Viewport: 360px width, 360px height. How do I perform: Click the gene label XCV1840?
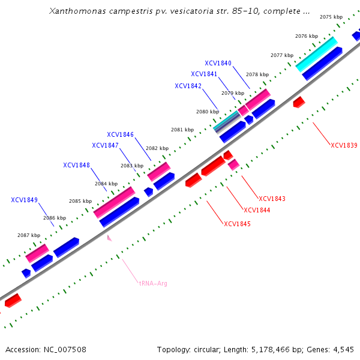tap(218, 63)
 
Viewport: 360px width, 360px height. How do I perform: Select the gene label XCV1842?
tap(188, 86)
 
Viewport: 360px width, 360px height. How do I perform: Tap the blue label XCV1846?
tap(120, 134)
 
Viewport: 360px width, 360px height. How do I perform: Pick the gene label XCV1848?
tap(76, 165)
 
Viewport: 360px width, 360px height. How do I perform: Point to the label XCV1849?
tap(24, 200)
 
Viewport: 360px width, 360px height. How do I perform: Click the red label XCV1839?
tap(344, 145)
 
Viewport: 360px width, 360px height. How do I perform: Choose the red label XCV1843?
tap(272, 199)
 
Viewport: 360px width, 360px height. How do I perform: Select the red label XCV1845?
tap(237, 224)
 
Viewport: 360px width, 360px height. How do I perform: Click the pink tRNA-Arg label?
tap(153, 283)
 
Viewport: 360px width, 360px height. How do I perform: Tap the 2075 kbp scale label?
tap(331, 17)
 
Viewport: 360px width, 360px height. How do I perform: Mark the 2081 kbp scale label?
tap(182, 130)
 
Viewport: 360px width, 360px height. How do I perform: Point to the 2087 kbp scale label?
tap(28, 235)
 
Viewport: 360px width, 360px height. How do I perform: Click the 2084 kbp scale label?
tap(106, 184)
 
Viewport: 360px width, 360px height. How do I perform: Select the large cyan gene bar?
tap(316, 53)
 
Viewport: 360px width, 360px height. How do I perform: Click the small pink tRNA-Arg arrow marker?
tap(109, 238)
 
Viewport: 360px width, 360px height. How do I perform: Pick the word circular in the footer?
tap(209, 349)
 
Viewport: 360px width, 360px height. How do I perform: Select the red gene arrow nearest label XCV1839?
tap(299, 102)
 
